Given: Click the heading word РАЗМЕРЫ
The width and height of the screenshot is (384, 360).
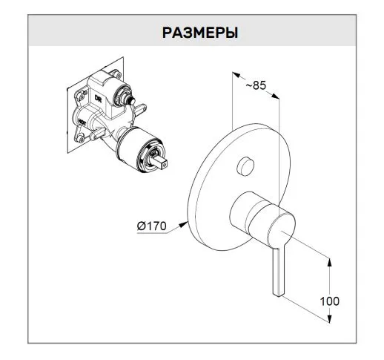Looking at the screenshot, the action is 200,33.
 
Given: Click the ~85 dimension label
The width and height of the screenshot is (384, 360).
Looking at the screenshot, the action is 256,85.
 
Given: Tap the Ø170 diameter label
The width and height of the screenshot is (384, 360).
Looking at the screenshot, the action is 152,226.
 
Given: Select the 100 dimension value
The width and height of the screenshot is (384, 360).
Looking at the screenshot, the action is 330,301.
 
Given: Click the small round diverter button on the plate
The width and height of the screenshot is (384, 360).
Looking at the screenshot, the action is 245,166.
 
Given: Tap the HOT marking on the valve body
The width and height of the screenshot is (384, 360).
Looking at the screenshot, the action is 82,121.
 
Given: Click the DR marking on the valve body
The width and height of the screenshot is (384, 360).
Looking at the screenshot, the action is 98,99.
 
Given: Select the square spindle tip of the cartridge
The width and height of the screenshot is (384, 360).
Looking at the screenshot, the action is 162,162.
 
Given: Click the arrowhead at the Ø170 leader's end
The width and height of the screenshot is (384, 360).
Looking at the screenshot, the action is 183,225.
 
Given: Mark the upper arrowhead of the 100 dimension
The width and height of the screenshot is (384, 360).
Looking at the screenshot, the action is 329,262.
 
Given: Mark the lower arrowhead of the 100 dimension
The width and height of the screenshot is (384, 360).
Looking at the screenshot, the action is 329,318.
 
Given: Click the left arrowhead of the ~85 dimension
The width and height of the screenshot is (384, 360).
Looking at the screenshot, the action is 236,75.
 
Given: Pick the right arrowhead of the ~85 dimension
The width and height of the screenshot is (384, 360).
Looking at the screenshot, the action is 275,96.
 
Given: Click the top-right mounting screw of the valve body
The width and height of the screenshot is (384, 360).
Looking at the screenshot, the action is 116,73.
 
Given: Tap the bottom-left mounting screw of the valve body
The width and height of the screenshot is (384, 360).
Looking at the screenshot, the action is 80,138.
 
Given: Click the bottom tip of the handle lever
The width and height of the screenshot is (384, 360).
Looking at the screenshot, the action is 279,295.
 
